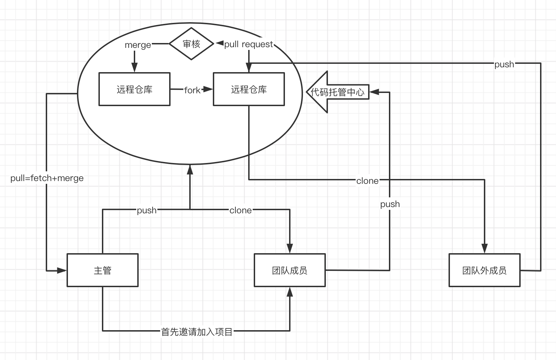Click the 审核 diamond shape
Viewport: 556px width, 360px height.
point(191,44)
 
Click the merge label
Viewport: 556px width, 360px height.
point(138,45)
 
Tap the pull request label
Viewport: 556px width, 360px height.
point(249,44)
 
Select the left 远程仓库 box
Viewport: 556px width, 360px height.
point(134,89)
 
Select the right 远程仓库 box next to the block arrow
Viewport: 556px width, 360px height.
point(249,89)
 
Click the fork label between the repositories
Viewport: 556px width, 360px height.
point(192,90)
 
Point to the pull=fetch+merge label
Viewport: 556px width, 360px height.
point(47,178)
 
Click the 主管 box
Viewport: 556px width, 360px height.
point(103,270)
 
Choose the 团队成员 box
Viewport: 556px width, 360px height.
point(290,270)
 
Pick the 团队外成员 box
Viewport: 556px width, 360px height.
point(484,270)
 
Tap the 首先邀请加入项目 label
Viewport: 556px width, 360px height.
point(197,332)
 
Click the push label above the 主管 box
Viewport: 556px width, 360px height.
point(147,210)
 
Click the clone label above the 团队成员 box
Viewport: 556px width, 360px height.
point(241,210)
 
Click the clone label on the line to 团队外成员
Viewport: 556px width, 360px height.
point(367,181)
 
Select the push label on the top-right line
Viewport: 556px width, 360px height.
point(504,64)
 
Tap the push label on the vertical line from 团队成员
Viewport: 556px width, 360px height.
point(390,204)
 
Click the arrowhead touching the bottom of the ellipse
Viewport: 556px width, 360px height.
point(190,169)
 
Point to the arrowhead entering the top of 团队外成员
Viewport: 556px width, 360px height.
point(485,248)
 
